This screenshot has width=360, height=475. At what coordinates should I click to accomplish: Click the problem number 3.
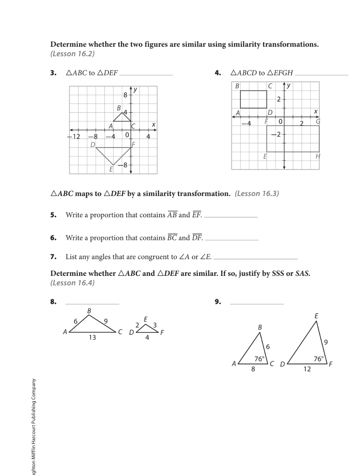coord(53,73)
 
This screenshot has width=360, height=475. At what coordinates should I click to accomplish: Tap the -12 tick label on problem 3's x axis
coord(74,136)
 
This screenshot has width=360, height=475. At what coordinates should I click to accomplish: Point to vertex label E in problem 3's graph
coord(111,169)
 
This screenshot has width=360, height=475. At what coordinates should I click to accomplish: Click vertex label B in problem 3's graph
coord(119,108)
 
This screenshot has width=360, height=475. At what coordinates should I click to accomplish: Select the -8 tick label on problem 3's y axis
coord(123,165)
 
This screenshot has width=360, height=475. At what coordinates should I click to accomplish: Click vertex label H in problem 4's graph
coord(317,157)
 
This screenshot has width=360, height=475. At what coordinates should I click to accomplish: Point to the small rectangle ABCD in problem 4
coord(254,99)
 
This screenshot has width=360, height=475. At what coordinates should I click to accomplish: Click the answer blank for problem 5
coord(231,216)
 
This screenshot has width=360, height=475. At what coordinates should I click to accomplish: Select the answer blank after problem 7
coord(256,258)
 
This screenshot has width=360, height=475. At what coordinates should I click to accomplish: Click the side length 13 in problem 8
coord(92,338)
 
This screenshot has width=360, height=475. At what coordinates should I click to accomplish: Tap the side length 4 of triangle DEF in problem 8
coord(147,338)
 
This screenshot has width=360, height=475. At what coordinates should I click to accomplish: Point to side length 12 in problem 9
coord(307,369)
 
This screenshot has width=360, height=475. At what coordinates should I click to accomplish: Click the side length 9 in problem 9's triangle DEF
coord(326,342)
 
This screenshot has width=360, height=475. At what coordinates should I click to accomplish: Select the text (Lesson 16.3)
coord(257,194)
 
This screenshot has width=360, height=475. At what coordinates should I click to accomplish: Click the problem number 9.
coord(218,302)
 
